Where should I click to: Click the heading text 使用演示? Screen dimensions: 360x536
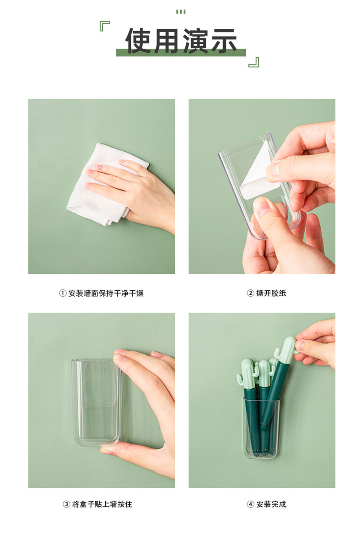pyautogui.click(x=181, y=41)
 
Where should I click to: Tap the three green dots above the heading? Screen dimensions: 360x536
pyautogui.click(x=181, y=12)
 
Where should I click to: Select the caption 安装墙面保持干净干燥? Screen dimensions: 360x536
pyautogui.click(x=106, y=293)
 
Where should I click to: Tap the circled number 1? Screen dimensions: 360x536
pyautogui.click(x=62, y=293)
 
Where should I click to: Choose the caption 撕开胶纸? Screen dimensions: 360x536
pyautogui.click(x=271, y=293)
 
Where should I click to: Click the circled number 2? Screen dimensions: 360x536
pyautogui.click(x=250, y=293)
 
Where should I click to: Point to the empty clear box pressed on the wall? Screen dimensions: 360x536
pyautogui.click(x=95, y=402)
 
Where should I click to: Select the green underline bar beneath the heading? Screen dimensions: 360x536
pyautogui.click(x=181, y=53)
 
